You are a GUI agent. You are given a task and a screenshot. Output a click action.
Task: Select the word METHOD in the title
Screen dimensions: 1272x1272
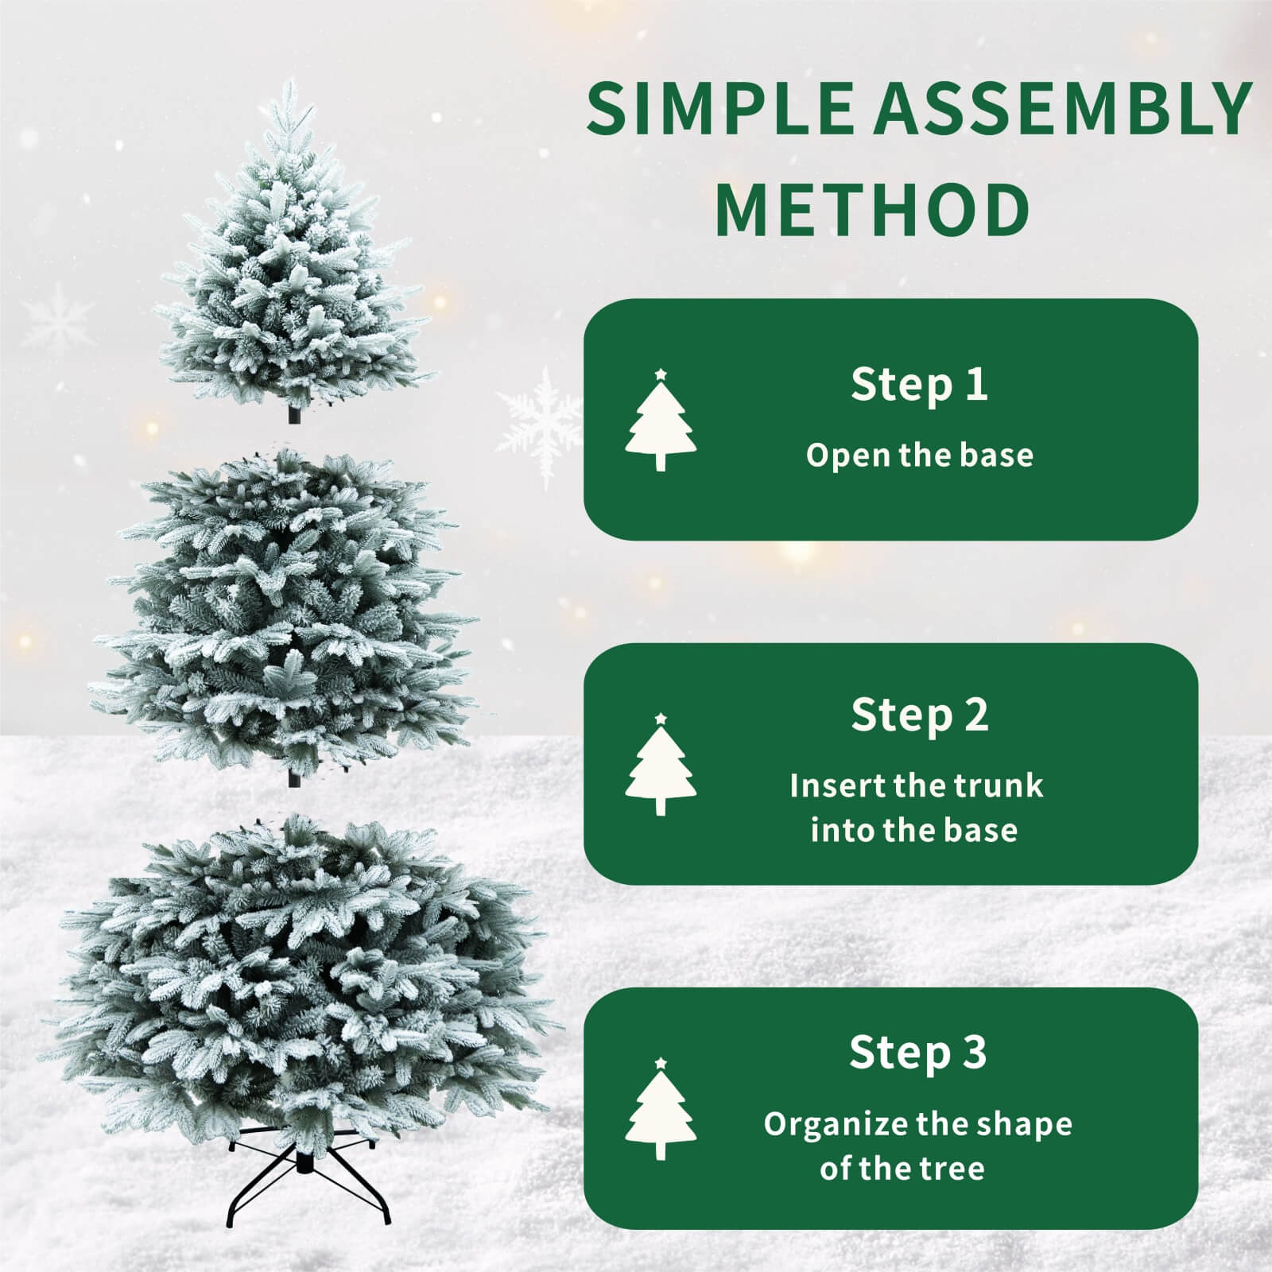coord(872,209)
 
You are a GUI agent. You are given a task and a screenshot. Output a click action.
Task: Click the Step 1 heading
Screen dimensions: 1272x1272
coord(919,385)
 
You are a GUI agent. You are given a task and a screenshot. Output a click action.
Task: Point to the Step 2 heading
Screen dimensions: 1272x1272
coord(919,715)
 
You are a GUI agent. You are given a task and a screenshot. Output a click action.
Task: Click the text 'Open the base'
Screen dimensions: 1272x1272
coord(920,456)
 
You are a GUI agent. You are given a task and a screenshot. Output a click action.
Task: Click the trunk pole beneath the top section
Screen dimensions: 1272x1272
coord(294,414)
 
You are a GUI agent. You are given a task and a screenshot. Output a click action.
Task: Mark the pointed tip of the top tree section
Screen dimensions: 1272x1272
coord(293,83)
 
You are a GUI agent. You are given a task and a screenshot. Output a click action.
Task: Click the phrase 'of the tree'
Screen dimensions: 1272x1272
coord(902,1169)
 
